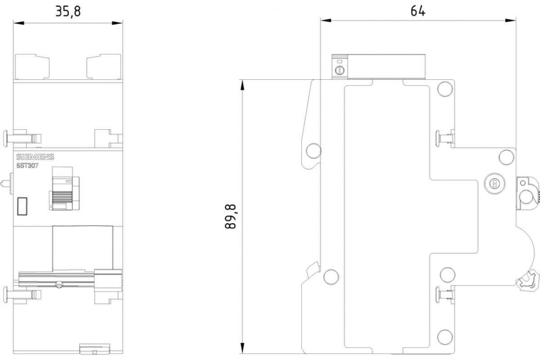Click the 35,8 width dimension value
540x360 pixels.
(x=68, y=11)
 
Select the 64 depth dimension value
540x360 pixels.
(x=418, y=11)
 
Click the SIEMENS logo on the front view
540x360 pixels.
(x=35, y=157)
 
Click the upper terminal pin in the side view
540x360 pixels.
(x=438, y=137)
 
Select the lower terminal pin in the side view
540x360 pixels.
(x=438, y=295)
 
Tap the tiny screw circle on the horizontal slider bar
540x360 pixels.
(x=58, y=284)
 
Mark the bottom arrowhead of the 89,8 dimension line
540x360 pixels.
(x=243, y=351)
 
